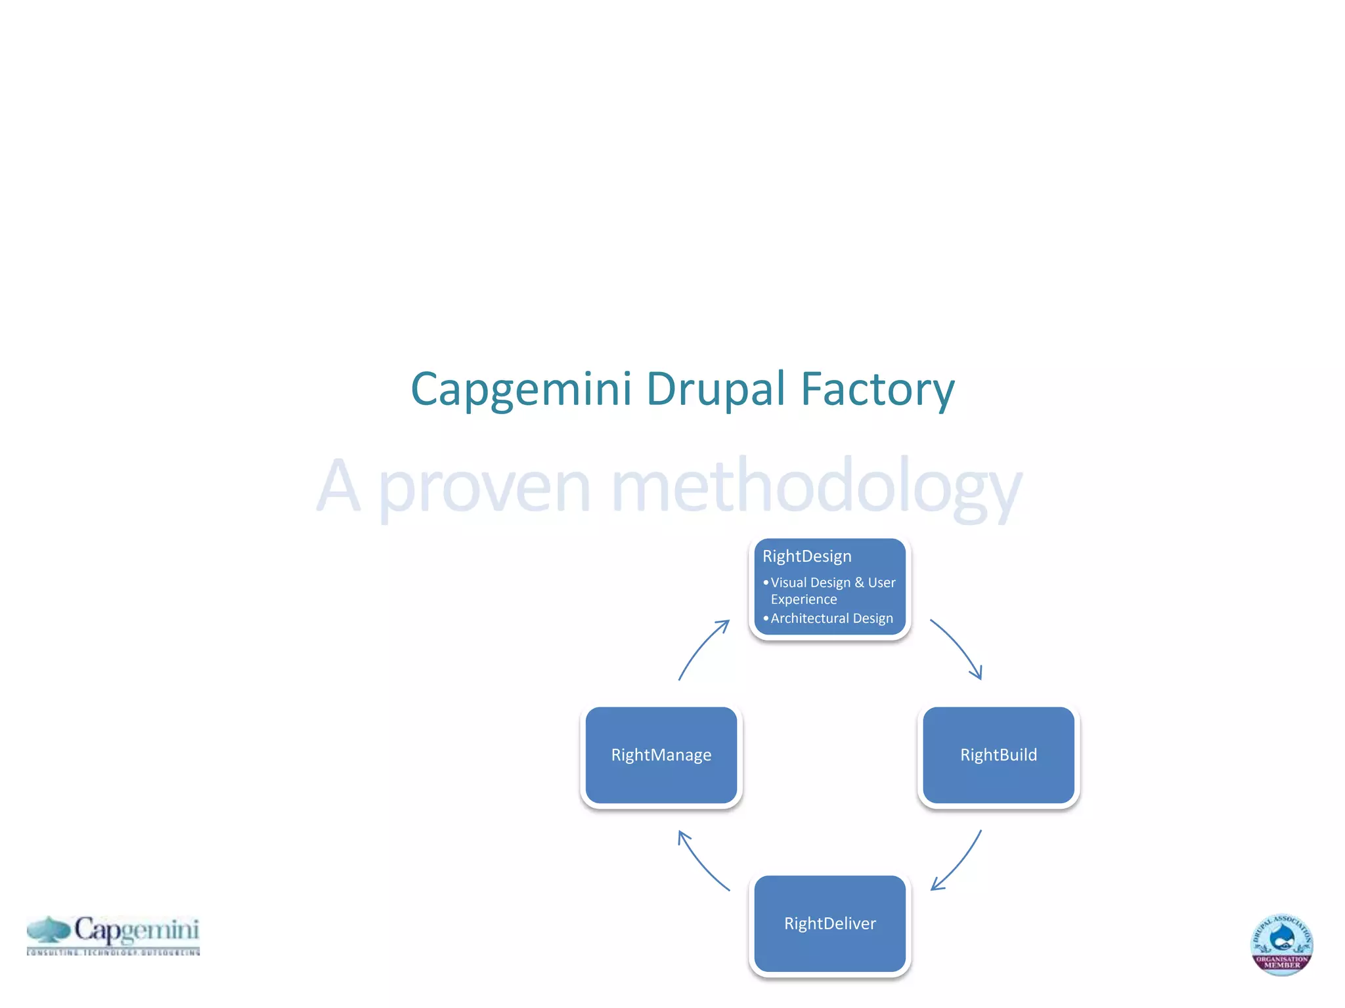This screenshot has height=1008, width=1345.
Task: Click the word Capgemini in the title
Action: pyautogui.click(x=521, y=389)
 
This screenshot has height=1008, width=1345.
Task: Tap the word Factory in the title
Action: pyautogui.click(x=877, y=389)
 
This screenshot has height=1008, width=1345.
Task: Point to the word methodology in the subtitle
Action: pyautogui.click(x=816, y=487)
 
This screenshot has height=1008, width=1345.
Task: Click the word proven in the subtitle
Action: pyautogui.click(x=485, y=487)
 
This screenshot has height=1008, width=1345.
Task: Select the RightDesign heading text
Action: pyautogui.click(x=806, y=556)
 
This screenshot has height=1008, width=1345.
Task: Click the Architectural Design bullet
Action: pyautogui.click(x=831, y=618)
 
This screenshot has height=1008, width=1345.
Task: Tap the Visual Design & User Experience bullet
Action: pyautogui.click(x=832, y=591)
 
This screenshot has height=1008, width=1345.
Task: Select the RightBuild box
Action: pyautogui.click(x=998, y=755)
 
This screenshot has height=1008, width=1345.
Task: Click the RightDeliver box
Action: pyautogui.click(x=829, y=923)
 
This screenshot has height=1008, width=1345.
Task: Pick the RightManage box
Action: pyautogui.click(x=661, y=755)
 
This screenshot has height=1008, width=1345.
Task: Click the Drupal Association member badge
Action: pyautogui.click(x=1281, y=945)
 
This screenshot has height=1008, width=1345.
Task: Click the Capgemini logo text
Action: pyautogui.click(x=136, y=929)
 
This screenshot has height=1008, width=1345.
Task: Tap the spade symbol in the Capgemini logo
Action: pyautogui.click(x=49, y=929)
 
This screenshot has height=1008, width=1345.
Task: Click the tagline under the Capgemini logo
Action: pyautogui.click(x=113, y=952)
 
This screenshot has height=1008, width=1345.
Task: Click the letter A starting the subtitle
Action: pyautogui.click(x=338, y=487)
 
